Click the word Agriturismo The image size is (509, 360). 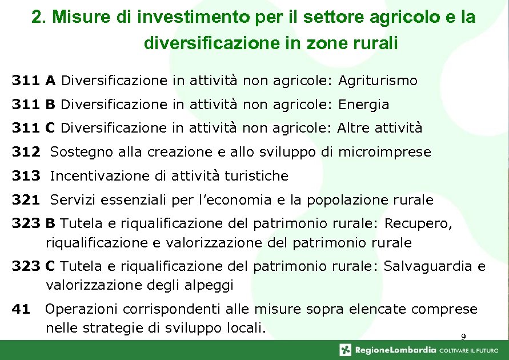378,81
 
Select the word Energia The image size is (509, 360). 363,105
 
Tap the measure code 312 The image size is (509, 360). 26,153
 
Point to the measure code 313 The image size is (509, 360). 26,177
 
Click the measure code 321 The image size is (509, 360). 26,201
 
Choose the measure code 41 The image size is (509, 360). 21,310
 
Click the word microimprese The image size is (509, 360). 384,153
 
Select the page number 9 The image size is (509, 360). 463,337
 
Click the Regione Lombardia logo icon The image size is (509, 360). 345,350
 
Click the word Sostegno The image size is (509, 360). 76,153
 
